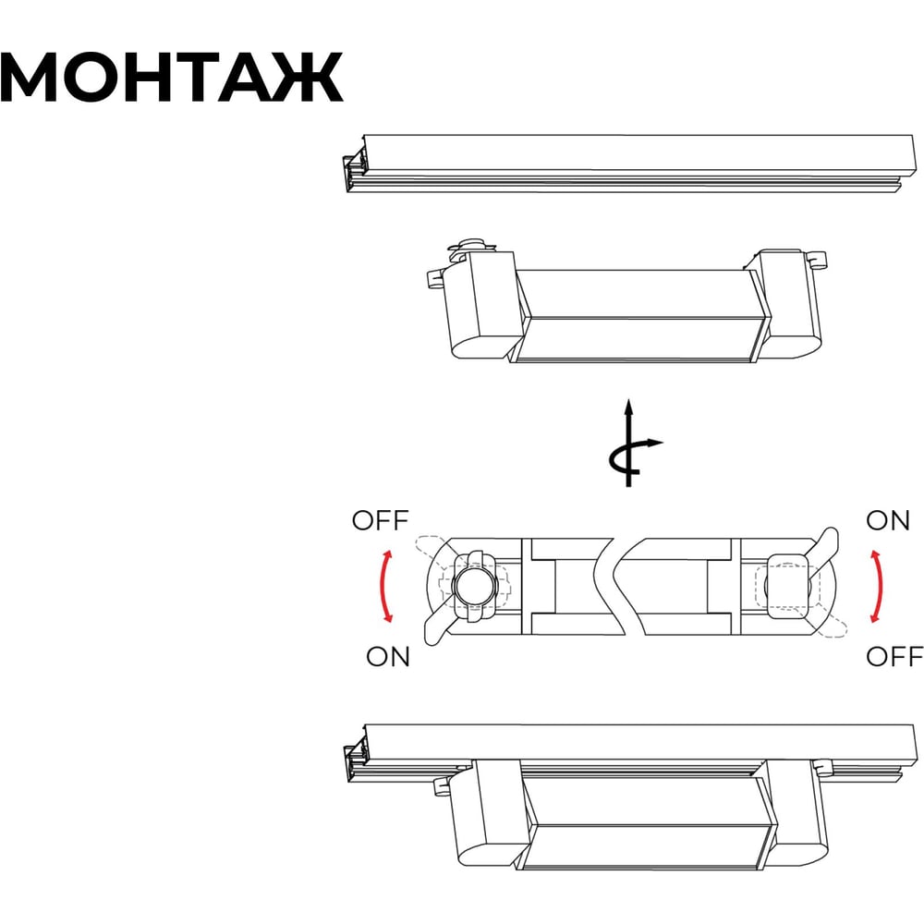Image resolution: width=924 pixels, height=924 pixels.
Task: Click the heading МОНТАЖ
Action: point(172,78)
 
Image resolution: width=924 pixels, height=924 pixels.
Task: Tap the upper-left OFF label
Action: point(380,520)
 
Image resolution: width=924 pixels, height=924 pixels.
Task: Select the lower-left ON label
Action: point(387,656)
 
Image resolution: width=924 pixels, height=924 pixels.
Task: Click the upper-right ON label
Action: point(887,520)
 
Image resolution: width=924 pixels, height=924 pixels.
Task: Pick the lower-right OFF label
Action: point(894,656)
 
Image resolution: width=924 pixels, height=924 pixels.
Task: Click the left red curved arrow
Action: point(383,586)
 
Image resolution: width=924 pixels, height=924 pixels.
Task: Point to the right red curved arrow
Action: point(880,586)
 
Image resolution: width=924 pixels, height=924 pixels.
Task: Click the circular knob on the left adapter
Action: point(475,587)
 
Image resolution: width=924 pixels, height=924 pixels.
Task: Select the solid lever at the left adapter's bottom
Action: point(438,627)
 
